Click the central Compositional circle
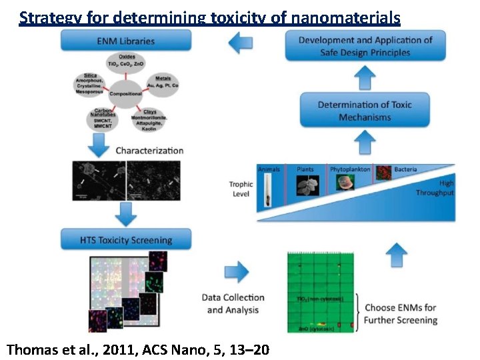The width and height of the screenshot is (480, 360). coord(125,93)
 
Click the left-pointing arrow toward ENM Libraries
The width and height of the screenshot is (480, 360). coord(239,44)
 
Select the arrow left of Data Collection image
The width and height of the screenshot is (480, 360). coord(236,272)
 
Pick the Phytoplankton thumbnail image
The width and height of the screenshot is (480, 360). coord(345,184)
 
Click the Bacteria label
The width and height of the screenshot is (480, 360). coord(405,169)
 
